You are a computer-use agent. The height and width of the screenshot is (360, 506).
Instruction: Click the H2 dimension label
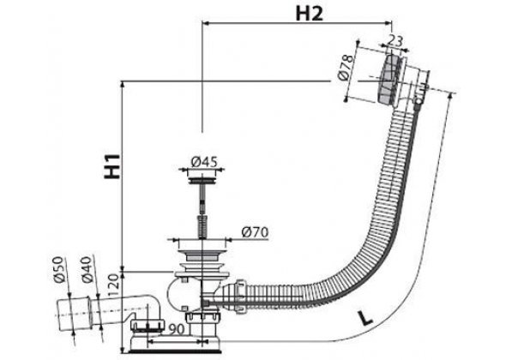(309, 14)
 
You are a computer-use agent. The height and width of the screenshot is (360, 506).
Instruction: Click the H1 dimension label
(111, 166)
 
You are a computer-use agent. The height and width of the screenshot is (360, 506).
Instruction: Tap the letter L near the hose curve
(365, 317)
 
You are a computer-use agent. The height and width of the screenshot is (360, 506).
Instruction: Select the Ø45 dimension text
(204, 162)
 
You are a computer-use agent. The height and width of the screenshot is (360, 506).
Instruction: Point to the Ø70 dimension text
(255, 232)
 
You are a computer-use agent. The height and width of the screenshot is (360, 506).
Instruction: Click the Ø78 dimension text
(345, 67)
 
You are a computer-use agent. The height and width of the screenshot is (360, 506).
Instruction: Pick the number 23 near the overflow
(395, 41)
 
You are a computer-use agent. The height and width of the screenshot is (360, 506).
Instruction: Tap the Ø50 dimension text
(58, 270)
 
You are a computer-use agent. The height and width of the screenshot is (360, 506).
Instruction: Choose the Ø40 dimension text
(86, 270)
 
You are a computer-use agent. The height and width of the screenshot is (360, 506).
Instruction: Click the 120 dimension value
(115, 285)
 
